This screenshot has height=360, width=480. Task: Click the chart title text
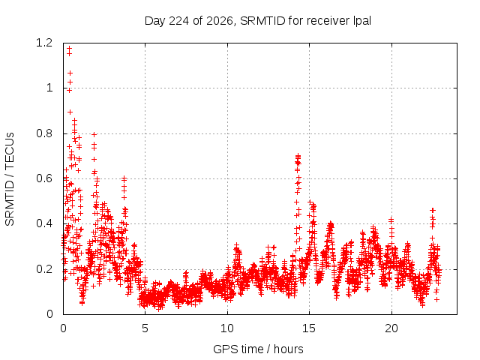258,21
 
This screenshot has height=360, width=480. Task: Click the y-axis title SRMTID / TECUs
10,179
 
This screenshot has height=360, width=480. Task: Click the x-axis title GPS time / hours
258,349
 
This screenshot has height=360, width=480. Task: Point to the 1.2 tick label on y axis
44,43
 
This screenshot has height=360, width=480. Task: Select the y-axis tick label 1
49,88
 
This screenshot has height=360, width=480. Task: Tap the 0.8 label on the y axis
44,133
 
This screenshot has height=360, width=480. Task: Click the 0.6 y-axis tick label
44,178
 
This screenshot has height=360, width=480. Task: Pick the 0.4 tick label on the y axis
44,223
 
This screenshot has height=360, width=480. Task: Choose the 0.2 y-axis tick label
44,269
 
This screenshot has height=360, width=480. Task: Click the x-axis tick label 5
145,328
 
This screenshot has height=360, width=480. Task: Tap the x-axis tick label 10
227,328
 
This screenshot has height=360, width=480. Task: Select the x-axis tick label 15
309,328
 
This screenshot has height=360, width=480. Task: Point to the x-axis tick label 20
391,328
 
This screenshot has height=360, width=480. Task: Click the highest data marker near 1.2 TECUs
70,48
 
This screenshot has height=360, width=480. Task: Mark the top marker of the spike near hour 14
298,156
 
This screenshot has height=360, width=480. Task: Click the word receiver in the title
328,21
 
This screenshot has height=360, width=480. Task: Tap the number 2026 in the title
220,21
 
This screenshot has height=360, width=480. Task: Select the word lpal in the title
362,21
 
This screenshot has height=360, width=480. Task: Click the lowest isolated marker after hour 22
436,300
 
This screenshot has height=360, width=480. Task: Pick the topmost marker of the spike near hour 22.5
433,210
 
